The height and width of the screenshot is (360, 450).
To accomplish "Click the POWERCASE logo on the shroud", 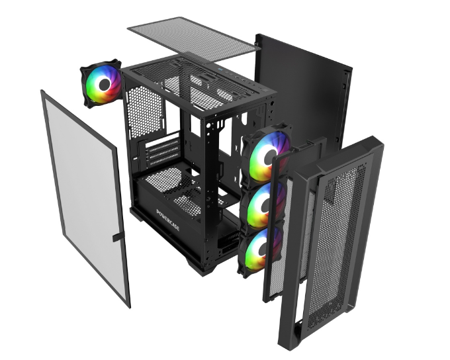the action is click(168, 220).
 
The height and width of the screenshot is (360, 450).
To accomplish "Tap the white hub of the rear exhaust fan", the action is click(105, 84).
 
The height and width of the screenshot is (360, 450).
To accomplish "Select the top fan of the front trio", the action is click(265, 154).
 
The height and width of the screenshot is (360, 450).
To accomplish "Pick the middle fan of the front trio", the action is click(263, 205).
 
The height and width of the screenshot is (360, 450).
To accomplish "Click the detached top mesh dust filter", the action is click(194, 39).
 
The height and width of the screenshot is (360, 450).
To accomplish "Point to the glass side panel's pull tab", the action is click(118, 237).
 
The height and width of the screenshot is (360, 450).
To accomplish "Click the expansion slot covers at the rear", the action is click(163, 153).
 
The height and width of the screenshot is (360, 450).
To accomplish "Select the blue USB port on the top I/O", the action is click(220, 70).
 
